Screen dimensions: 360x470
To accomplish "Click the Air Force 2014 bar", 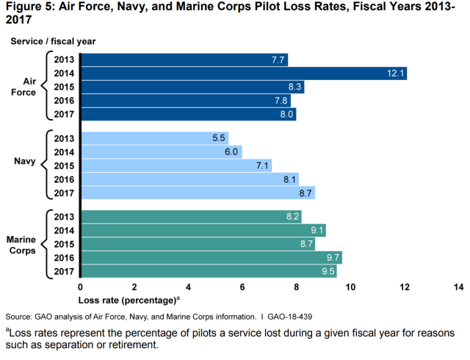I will [x=242, y=73].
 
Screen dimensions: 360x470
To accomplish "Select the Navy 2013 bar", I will [x=153, y=138].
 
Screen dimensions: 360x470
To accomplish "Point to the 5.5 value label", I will [x=218, y=138].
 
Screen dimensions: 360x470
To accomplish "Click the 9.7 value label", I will [x=332, y=258].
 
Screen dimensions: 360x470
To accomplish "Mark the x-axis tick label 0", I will [x=80, y=287].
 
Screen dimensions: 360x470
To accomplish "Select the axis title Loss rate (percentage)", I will [x=126, y=300].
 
